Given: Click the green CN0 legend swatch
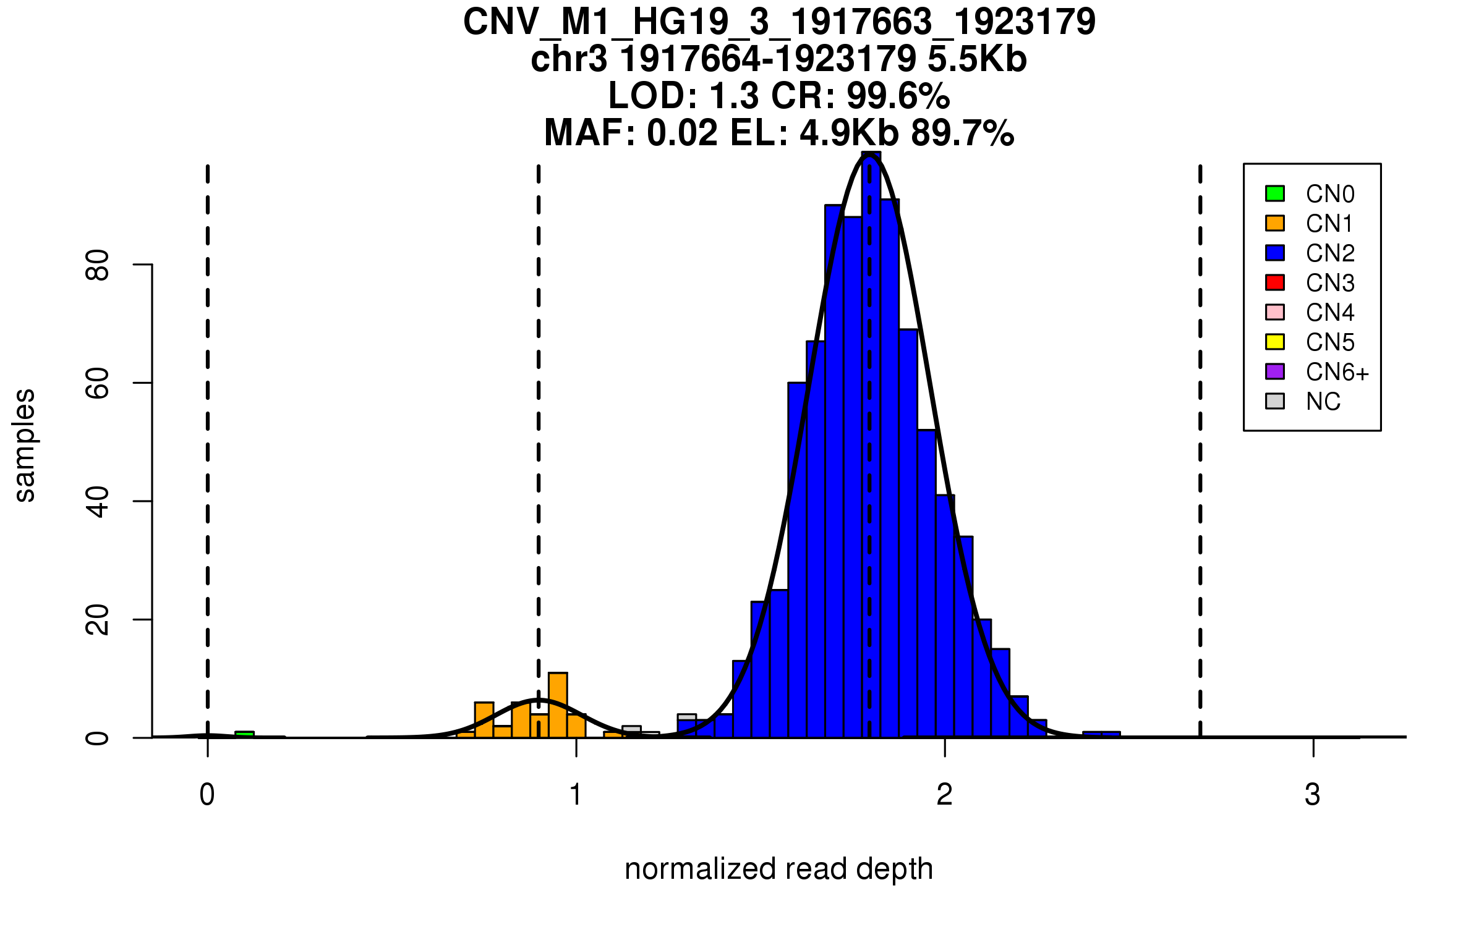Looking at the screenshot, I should [1275, 193].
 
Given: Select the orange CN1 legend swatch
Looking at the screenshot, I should [1275, 223].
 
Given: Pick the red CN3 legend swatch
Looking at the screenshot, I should [1275, 282].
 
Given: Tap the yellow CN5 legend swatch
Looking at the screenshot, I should [1275, 342].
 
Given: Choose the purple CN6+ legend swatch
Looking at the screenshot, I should [1275, 371].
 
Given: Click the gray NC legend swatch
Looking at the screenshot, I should [1275, 401].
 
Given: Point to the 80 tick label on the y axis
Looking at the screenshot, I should [98, 265].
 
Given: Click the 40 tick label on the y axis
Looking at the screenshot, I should [98, 501].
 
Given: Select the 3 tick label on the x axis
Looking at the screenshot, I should [1313, 795].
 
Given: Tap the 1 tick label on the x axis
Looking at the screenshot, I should [576, 795].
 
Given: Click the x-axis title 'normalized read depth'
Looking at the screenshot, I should [778, 869].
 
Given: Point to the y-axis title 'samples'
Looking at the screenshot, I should [25, 445].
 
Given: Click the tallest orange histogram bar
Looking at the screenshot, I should [558, 705].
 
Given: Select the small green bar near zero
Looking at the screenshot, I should [244, 734].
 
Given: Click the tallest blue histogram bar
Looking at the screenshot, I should [871, 445].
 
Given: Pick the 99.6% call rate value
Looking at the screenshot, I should [898, 96].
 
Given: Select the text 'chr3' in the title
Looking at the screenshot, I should [568, 59].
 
